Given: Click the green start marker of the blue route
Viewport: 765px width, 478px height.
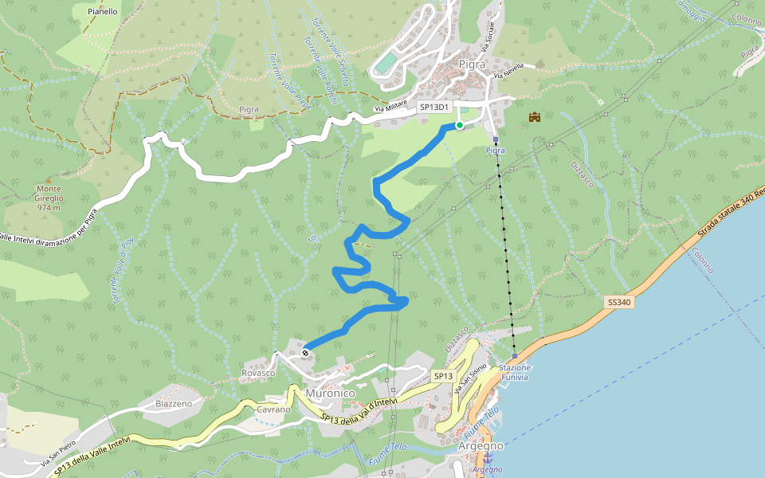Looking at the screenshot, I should tap(460, 125).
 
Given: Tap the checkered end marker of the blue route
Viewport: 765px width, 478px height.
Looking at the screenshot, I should tap(306, 352).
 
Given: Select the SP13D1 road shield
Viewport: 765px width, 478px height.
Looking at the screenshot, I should tap(436, 107).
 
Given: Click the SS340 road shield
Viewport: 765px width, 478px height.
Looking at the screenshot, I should tap(619, 303).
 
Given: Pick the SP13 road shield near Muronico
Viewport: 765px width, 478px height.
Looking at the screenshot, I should tap(443, 375).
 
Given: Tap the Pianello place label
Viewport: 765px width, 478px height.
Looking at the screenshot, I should tap(103, 12).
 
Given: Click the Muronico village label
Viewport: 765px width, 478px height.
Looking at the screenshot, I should tap(330, 393).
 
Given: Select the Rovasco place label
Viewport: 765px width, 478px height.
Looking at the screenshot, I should tap(257, 373).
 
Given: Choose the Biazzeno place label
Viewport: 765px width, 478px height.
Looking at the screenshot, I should tap(175, 404).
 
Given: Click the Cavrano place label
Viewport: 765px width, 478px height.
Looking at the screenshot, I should tap(272, 409).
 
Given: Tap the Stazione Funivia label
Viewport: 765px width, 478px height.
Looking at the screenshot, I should tap(515, 372).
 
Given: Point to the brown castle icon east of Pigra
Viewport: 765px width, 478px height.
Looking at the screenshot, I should tap(534, 117).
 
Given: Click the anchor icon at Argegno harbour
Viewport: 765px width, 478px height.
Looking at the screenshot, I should tap(499, 458).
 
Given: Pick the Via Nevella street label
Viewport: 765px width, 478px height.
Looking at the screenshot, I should tap(508, 70).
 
